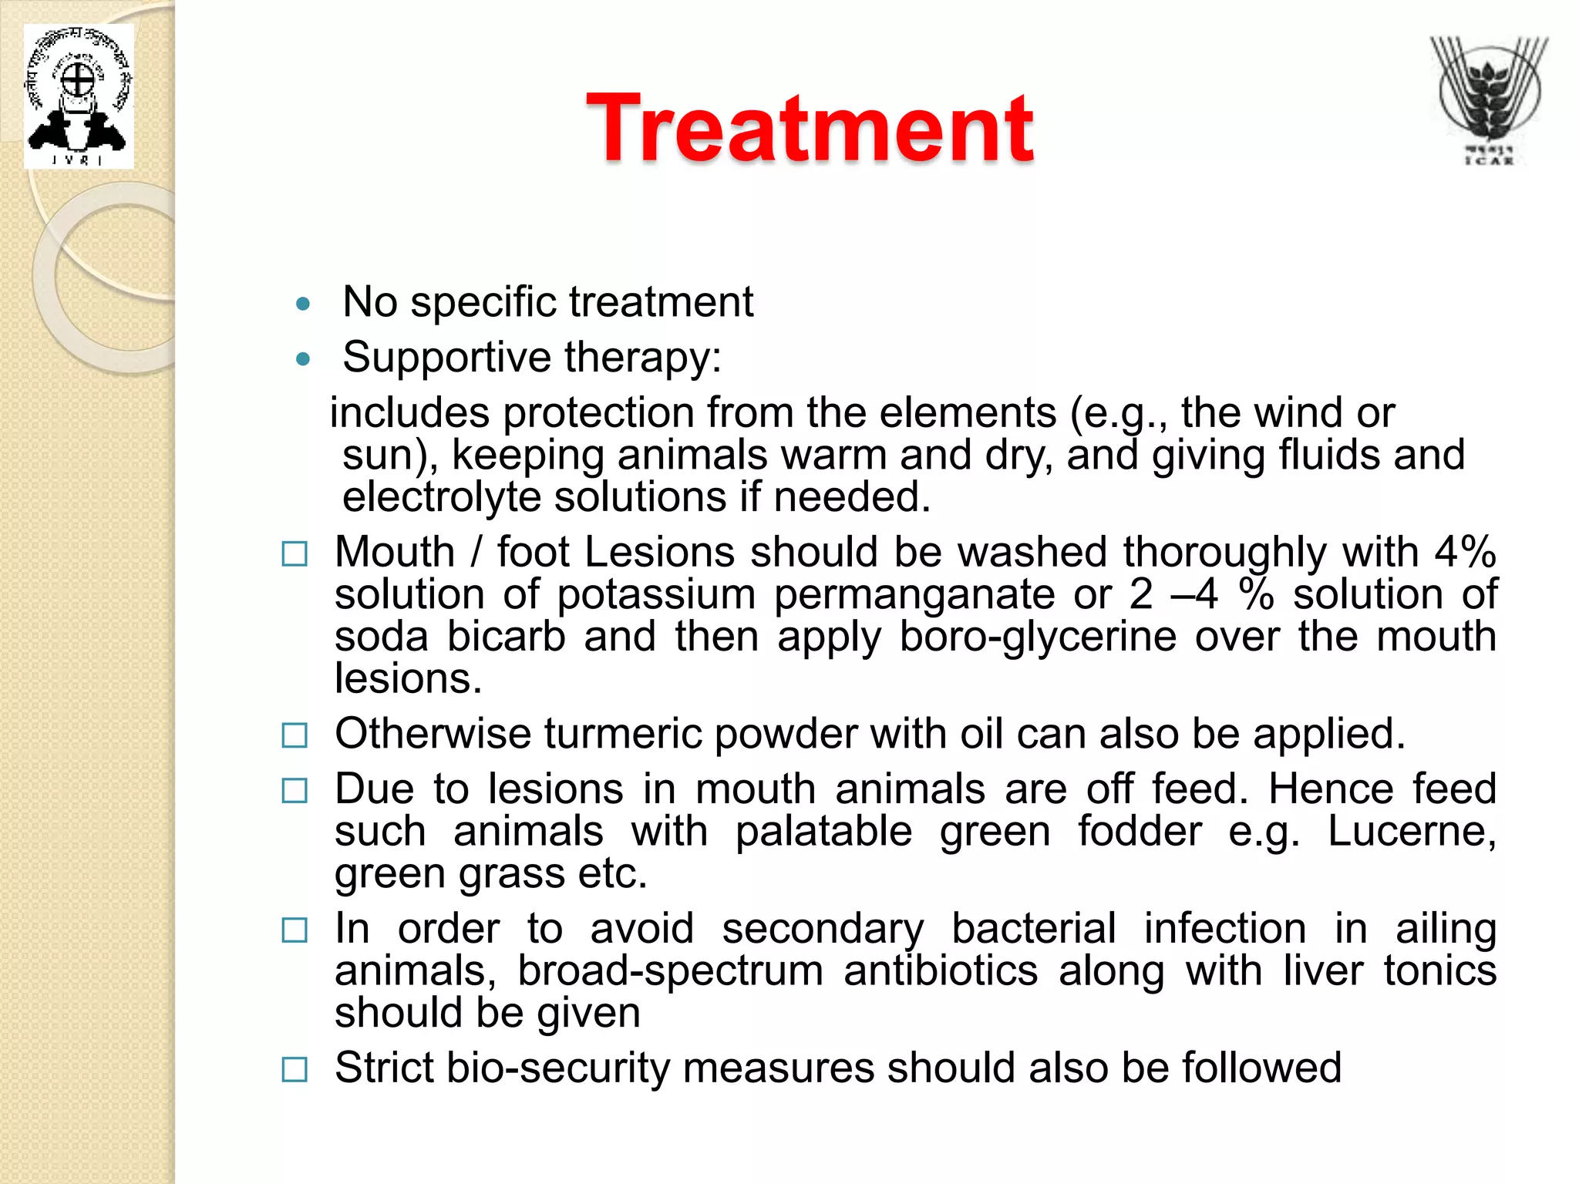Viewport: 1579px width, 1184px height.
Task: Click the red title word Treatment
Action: pyautogui.click(x=810, y=129)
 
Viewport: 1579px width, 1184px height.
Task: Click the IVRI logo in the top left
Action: pyautogui.click(x=78, y=97)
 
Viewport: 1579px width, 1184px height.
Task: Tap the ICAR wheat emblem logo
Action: pyautogui.click(x=1487, y=100)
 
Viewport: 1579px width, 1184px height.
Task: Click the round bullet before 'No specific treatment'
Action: pyautogui.click(x=303, y=304)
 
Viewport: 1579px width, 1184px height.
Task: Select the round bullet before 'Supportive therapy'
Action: pyautogui.click(x=303, y=359)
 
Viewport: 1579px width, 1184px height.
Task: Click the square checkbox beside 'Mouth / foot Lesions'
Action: pyautogui.click(x=295, y=554)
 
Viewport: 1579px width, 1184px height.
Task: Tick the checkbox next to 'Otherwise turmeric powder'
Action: pyautogui.click(x=295, y=735)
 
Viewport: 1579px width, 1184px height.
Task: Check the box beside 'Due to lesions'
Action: pyautogui.click(x=295, y=791)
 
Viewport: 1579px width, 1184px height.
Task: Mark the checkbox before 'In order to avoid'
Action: pyautogui.click(x=295, y=930)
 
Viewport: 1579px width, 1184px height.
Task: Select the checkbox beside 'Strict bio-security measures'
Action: pyautogui.click(x=295, y=1070)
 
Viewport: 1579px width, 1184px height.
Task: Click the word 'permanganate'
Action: pyautogui.click(x=914, y=596)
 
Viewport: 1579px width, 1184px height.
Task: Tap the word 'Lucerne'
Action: pyautogui.click(x=1411, y=832)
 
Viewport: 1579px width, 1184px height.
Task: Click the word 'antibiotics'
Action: pyautogui.click(x=941, y=971)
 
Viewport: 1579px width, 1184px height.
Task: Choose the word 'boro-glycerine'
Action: pyautogui.click(x=1038, y=638)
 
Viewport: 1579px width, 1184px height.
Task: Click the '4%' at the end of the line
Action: pyautogui.click(x=1465, y=553)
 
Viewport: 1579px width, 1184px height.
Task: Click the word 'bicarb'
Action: pyautogui.click(x=506, y=637)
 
